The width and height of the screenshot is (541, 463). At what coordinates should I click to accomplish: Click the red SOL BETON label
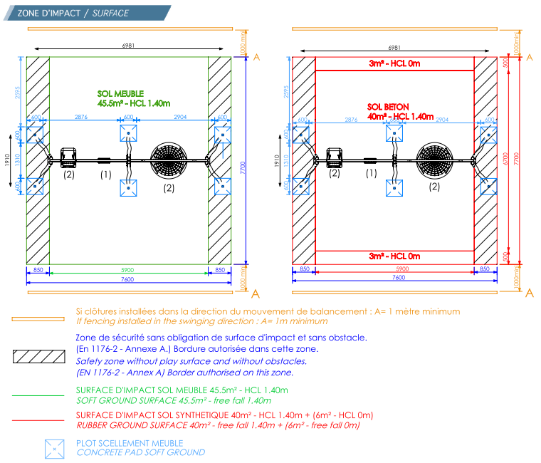(x=388, y=107)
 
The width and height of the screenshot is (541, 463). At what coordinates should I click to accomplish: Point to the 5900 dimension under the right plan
(x=394, y=269)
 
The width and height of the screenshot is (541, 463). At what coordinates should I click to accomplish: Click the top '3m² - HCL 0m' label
(x=394, y=64)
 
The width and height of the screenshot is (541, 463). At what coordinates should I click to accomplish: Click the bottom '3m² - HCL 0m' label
(x=394, y=256)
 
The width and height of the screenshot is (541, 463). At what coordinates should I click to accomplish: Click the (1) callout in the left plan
(x=105, y=173)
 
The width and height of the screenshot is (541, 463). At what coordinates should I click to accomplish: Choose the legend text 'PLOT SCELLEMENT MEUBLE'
(x=129, y=443)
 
